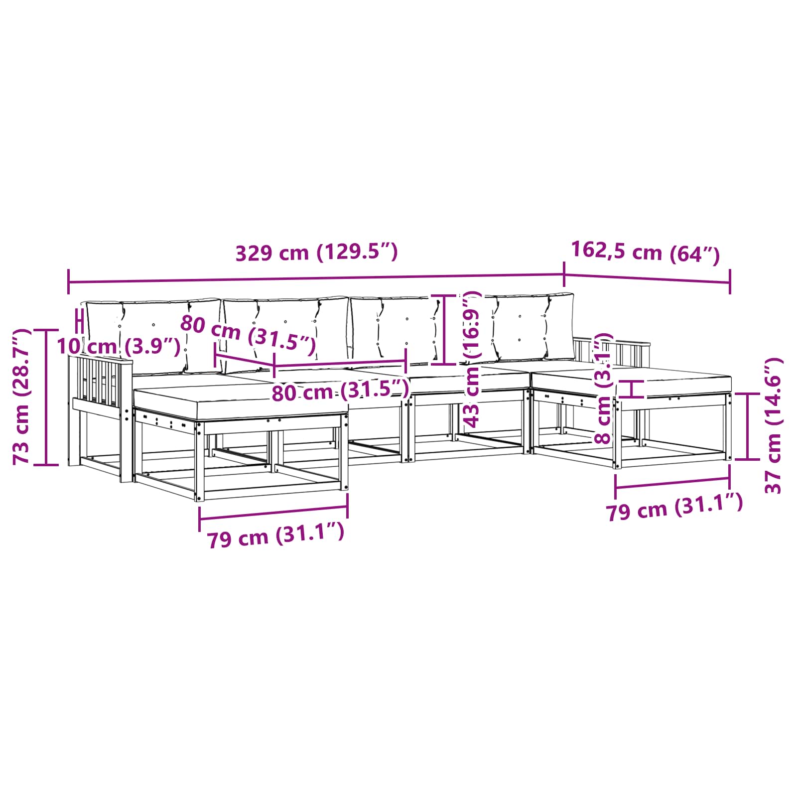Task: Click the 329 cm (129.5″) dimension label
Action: [316, 253]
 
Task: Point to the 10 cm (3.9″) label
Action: [119, 346]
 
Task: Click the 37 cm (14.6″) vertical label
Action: [773, 425]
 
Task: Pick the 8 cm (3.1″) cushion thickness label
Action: [603, 389]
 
